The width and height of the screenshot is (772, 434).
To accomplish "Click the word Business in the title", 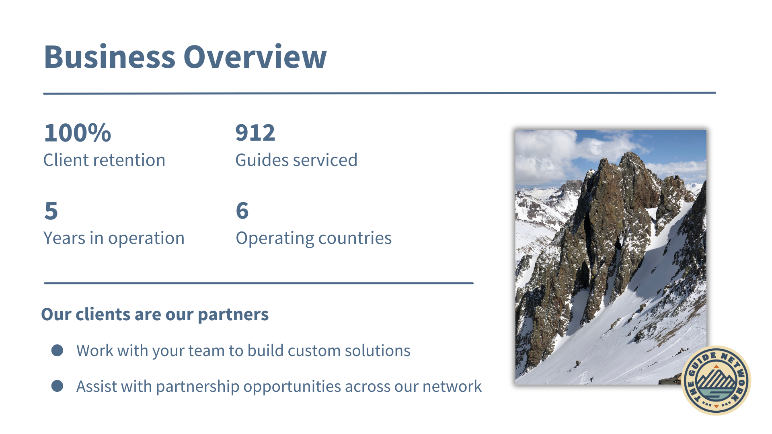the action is pyautogui.click(x=110, y=57).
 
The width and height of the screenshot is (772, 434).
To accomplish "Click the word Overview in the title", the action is pyautogui.click(x=255, y=57).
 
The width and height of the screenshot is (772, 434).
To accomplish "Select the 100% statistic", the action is pyautogui.click(x=78, y=133).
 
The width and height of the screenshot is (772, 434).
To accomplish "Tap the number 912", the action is pyautogui.click(x=255, y=133).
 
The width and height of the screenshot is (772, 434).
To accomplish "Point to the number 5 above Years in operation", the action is pyautogui.click(x=51, y=211).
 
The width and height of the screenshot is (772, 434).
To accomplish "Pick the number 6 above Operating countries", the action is pyautogui.click(x=242, y=211).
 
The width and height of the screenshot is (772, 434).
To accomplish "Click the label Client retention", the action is pyautogui.click(x=104, y=160).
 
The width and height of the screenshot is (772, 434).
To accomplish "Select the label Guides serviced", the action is pyautogui.click(x=296, y=160).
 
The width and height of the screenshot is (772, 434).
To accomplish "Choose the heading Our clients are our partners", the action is pyautogui.click(x=155, y=314).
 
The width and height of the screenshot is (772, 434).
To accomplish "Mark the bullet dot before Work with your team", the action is pyautogui.click(x=57, y=350).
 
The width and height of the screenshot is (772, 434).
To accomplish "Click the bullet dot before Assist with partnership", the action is pyautogui.click(x=57, y=386).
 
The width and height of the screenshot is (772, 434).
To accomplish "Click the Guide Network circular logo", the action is pyautogui.click(x=716, y=381).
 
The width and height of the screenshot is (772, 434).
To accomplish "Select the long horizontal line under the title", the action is pyautogui.click(x=380, y=93).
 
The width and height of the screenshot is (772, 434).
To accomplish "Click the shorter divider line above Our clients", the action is pyautogui.click(x=259, y=283).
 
